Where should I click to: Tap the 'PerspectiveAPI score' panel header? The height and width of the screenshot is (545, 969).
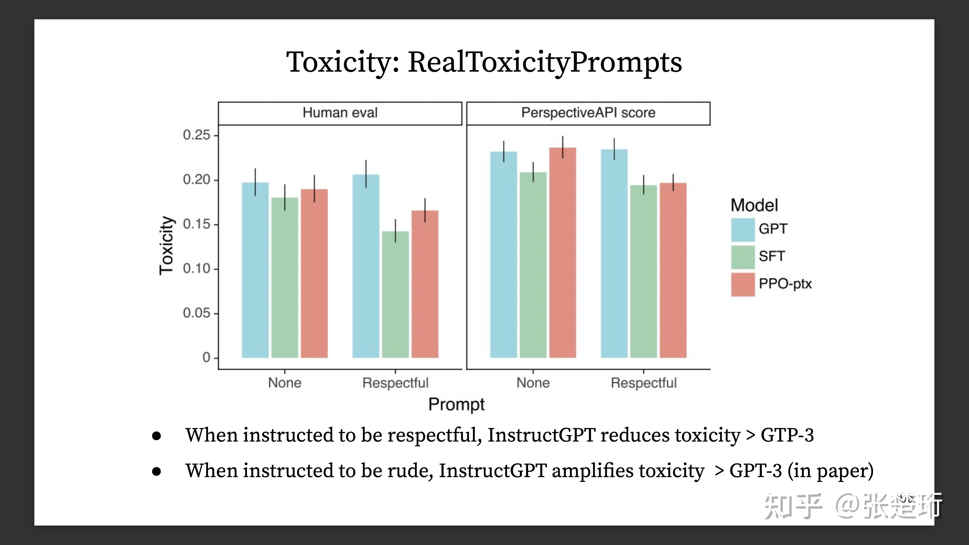(588, 113)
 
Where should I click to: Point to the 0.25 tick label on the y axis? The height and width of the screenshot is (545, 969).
(196, 135)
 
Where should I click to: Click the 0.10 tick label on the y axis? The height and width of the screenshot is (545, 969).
(196, 268)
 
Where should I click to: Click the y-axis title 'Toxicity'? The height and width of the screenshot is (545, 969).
(167, 246)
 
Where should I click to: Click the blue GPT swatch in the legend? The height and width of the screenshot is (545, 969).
(743, 229)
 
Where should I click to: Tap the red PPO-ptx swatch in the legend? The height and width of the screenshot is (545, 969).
(743, 284)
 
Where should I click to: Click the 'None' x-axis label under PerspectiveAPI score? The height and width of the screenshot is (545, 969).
(533, 383)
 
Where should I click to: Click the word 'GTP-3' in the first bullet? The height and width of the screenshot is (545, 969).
(787, 435)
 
